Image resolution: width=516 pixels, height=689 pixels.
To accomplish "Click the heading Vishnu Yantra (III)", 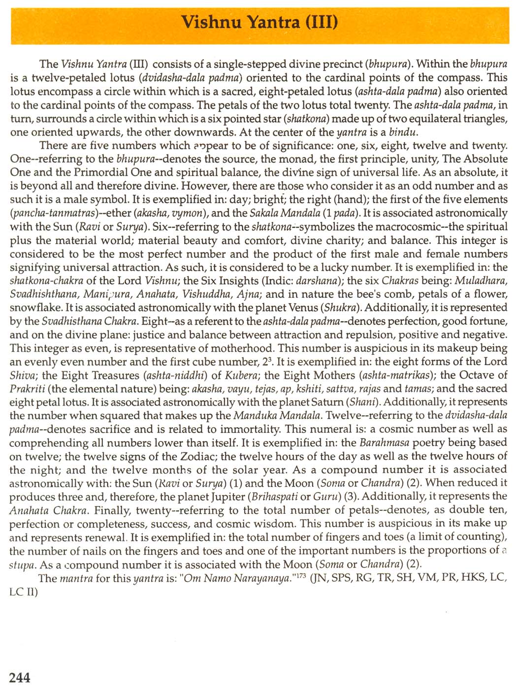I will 259,23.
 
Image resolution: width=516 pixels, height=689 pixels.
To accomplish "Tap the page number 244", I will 20,677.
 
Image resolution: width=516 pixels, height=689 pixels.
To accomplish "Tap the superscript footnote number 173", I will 297,575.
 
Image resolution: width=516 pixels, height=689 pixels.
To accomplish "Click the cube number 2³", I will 266,362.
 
